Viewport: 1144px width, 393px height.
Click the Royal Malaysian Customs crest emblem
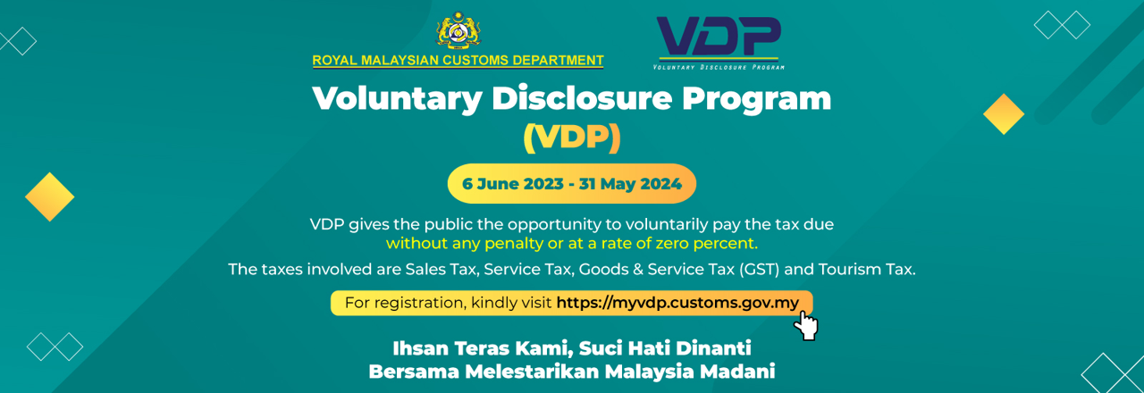(458, 30)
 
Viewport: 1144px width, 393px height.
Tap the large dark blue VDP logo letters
(719, 36)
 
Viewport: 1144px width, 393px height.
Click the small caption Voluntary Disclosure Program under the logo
(719, 67)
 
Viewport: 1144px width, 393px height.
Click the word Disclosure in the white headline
(582, 98)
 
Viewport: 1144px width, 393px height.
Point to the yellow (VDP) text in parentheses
(572, 138)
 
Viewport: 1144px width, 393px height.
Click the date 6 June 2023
(512, 184)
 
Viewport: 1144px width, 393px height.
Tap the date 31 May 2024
(630, 184)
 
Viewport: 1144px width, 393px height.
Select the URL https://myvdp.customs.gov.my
(677, 303)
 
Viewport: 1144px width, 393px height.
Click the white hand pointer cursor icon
(806, 325)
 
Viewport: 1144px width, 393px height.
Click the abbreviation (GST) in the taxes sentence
(759, 269)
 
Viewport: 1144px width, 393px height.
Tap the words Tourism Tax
(867, 269)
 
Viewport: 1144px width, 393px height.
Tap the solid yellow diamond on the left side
(49, 196)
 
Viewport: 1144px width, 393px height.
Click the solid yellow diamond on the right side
(1004, 113)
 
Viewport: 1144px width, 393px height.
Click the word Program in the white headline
(756, 99)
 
